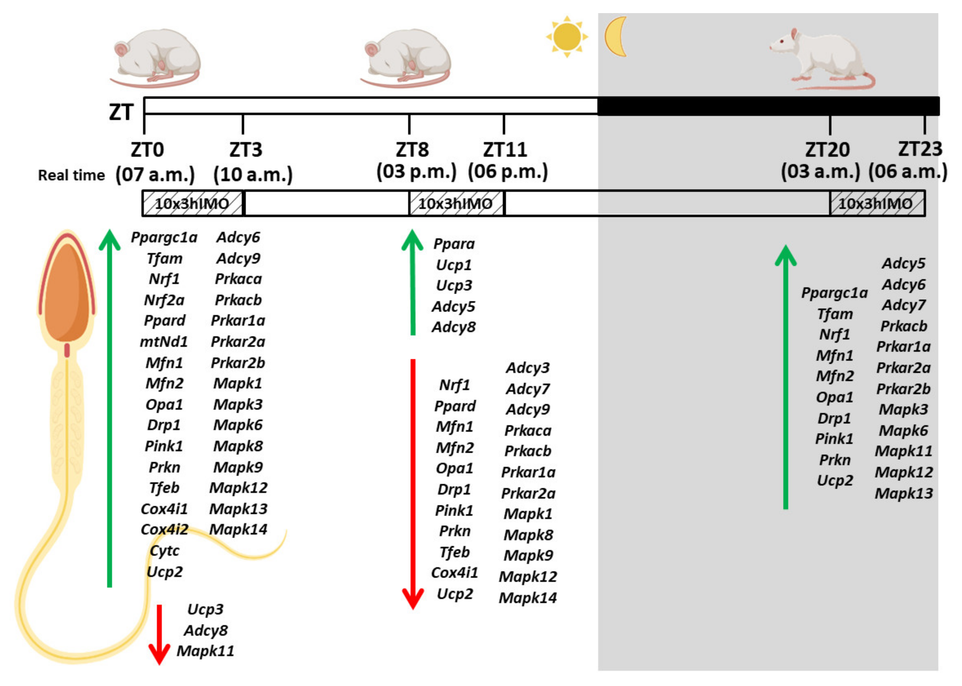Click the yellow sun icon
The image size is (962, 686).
pyautogui.click(x=567, y=37)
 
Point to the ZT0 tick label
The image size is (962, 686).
pyautogui.click(x=147, y=150)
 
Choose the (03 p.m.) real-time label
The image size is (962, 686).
pyautogui.click(x=416, y=172)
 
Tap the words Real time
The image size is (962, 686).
pyautogui.click(x=72, y=175)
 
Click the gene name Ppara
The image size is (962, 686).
pyautogui.click(x=454, y=244)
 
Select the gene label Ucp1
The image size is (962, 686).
pyautogui.click(x=454, y=265)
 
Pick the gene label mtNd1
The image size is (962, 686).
pyautogui.click(x=164, y=342)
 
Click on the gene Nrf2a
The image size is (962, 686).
pyautogui.click(x=164, y=300)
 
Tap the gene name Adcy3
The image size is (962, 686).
pyautogui.click(x=528, y=368)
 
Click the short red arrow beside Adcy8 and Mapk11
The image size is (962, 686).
pyautogui.click(x=159, y=634)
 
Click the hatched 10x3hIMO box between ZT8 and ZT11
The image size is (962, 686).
pyautogui.click(x=456, y=204)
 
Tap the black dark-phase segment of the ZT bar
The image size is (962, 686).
pyautogui.click(x=768, y=106)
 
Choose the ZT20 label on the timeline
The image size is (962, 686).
pyautogui.click(x=827, y=150)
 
